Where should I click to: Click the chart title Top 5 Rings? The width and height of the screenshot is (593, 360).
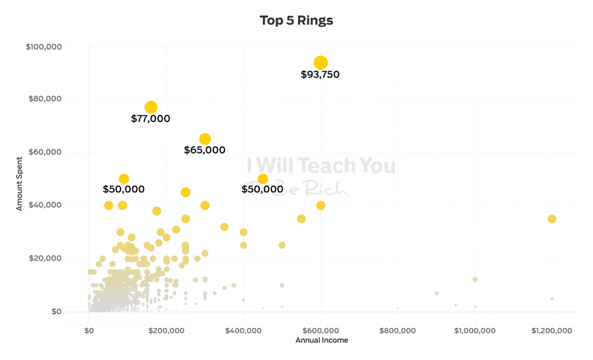point(296,20)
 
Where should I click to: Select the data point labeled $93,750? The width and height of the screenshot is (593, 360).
point(320,63)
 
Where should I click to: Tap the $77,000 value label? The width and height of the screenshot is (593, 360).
point(151,119)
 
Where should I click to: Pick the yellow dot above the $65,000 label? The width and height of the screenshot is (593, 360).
point(205,139)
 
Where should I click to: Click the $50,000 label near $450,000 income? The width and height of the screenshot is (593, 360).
point(263,189)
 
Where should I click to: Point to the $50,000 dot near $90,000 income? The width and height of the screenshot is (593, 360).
point(124,179)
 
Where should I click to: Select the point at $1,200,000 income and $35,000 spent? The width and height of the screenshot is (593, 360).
point(552,219)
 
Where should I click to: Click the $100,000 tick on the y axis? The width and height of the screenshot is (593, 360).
point(44,47)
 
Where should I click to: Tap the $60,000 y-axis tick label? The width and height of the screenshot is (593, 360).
point(45,152)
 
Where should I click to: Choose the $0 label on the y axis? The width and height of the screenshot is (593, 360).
point(56,311)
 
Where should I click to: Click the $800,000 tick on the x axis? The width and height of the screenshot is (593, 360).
point(397,331)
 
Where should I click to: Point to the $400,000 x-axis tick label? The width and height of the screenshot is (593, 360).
point(243,331)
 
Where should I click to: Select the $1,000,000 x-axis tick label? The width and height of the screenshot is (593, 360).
point(474,331)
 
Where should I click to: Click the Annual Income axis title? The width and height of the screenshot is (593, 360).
point(322,340)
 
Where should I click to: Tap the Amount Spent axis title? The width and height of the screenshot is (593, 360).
point(19,183)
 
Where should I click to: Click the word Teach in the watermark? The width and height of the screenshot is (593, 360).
point(327,165)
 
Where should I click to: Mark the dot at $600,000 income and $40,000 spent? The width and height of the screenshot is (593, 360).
point(320,205)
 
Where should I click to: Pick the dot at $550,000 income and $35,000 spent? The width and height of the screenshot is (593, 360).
point(301,219)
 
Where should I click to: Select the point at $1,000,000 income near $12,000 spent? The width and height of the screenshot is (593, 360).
point(475,279)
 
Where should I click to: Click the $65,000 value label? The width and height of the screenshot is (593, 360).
point(205,150)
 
